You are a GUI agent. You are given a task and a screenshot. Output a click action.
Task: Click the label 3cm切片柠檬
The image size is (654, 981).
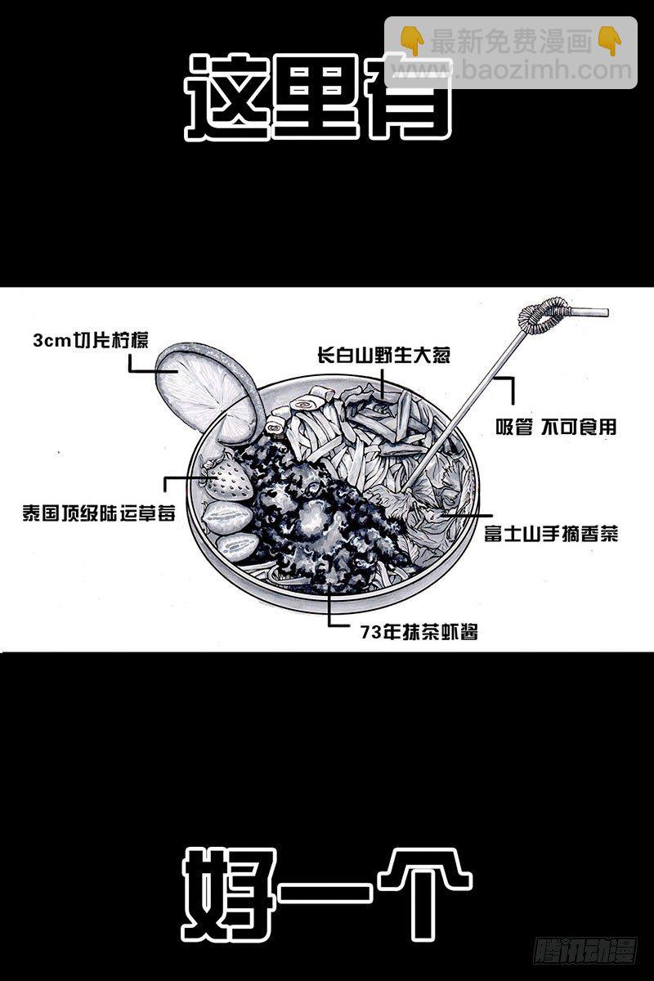click(x=91, y=341)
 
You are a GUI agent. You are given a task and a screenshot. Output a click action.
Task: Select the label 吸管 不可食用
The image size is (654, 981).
click(x=556, y=427)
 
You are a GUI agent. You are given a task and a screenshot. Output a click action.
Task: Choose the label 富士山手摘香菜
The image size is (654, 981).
click(x=549, y=534)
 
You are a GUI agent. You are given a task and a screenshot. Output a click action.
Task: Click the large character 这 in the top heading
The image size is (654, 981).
click(x=227, y=97)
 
